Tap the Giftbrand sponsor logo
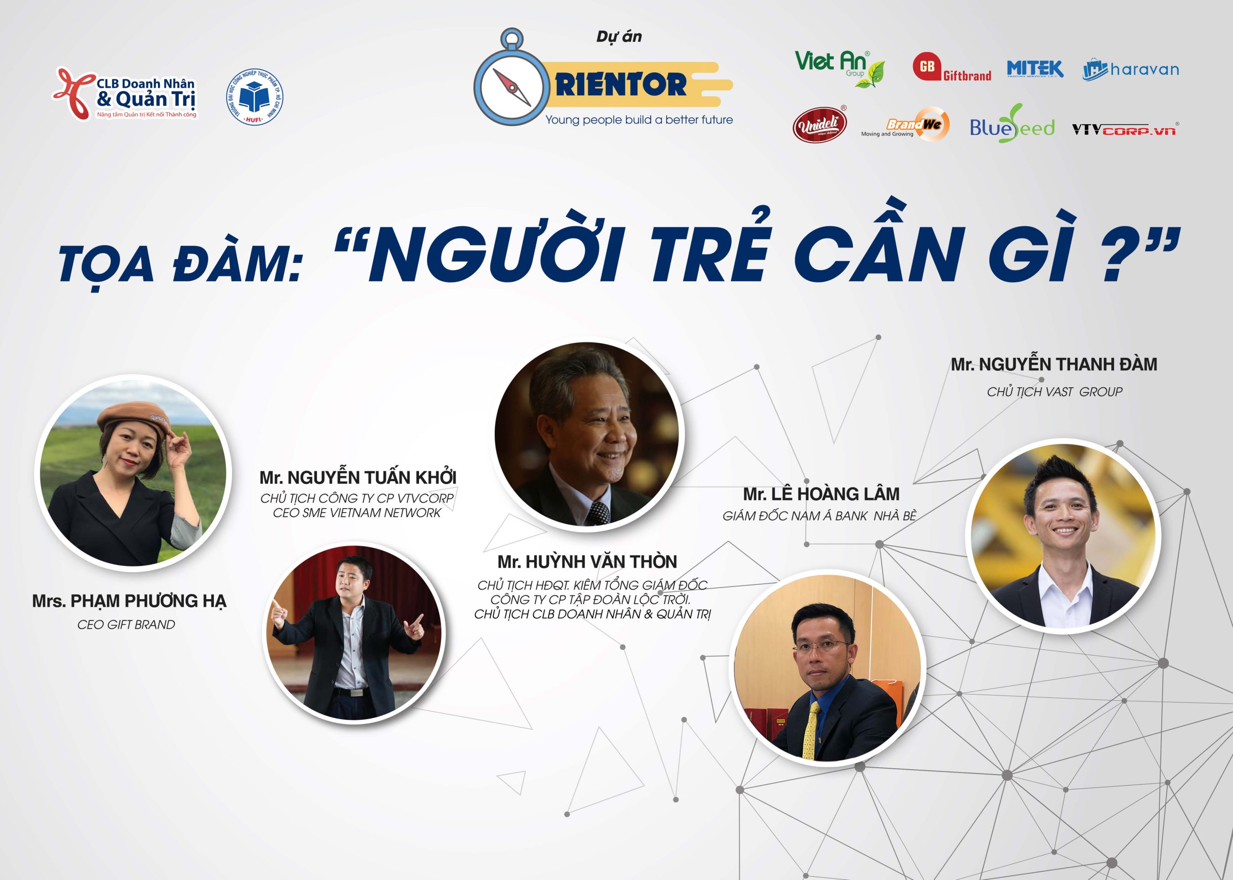tap(952, 67)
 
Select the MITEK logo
tap(1035, 69)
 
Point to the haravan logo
tap(1130, 69)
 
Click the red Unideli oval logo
tap(819, 124)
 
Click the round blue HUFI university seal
tap(254, 97)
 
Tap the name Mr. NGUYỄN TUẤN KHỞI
tap(357, 477)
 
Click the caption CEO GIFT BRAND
tap(126, 625)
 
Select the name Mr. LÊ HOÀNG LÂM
tap(821, 494)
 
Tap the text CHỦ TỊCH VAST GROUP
tap(1054, 391)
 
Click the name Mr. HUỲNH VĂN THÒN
tap(587, 562)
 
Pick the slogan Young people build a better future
tap(639, 120)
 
